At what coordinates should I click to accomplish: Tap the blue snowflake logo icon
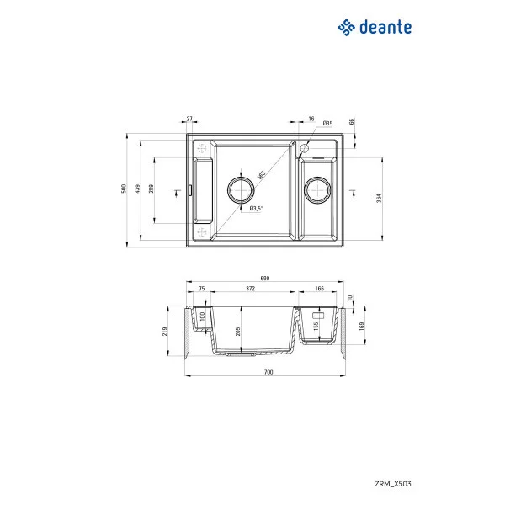coord(346,29)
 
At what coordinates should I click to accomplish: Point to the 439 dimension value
coord(139,189)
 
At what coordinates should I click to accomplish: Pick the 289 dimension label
coord(151,189)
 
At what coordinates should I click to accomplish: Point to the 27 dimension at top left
coord(189,120)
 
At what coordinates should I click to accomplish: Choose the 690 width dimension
coord(264,278)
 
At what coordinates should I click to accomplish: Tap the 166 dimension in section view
coord(320,289)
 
